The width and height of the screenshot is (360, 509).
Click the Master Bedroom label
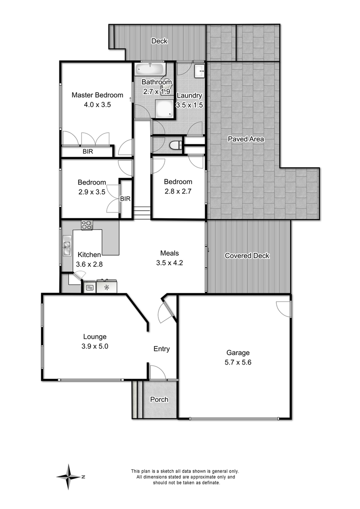pos(97,95)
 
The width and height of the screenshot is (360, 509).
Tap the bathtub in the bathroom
pos(150,69)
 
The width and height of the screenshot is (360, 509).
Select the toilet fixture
pos(176,145)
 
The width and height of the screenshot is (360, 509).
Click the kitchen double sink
pos(67,246)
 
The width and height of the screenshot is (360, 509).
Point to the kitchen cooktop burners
pos(87,225)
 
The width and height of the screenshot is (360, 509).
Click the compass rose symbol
pos(68,477)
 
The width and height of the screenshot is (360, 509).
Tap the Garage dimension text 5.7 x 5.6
pos(238,362)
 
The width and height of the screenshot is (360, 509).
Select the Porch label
pos(159,400)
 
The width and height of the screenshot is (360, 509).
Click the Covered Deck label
pos(247,256)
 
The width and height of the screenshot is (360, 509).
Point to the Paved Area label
pos(246,139)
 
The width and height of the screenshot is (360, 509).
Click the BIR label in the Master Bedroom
pos(88,152)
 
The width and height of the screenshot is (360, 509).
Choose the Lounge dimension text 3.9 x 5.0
pos(95,347)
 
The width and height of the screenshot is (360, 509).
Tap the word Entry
pos(162,349)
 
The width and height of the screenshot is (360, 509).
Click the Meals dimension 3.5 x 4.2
pos(170,263)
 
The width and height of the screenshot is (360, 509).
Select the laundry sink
pos(200,71)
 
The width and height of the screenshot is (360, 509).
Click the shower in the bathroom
pos(165,108)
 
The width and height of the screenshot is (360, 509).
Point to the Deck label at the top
pos(159,41)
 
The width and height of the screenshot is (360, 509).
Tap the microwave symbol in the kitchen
pos(89,287)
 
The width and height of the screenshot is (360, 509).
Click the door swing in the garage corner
pos(283,309)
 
